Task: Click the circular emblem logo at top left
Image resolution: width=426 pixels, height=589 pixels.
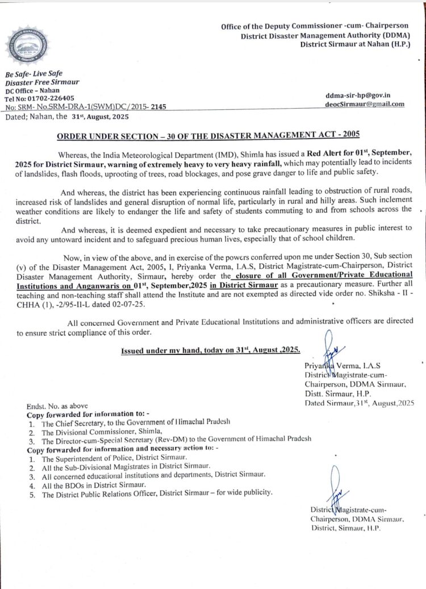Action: (x=27, y=46)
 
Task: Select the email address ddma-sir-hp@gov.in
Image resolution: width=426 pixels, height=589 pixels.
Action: (x=358, y=96)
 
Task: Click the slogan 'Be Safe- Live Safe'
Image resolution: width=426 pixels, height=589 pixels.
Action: (x=34, y=74)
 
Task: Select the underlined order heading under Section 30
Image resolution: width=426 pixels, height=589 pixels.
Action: (x=208, y=136)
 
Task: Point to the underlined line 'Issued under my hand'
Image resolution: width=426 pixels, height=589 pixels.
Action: (x=211, y=350)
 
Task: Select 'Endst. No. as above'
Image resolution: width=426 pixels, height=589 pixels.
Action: (x=57, y=406)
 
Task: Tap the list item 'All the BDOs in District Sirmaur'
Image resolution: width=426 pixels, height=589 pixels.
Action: (x=94, y=485)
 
